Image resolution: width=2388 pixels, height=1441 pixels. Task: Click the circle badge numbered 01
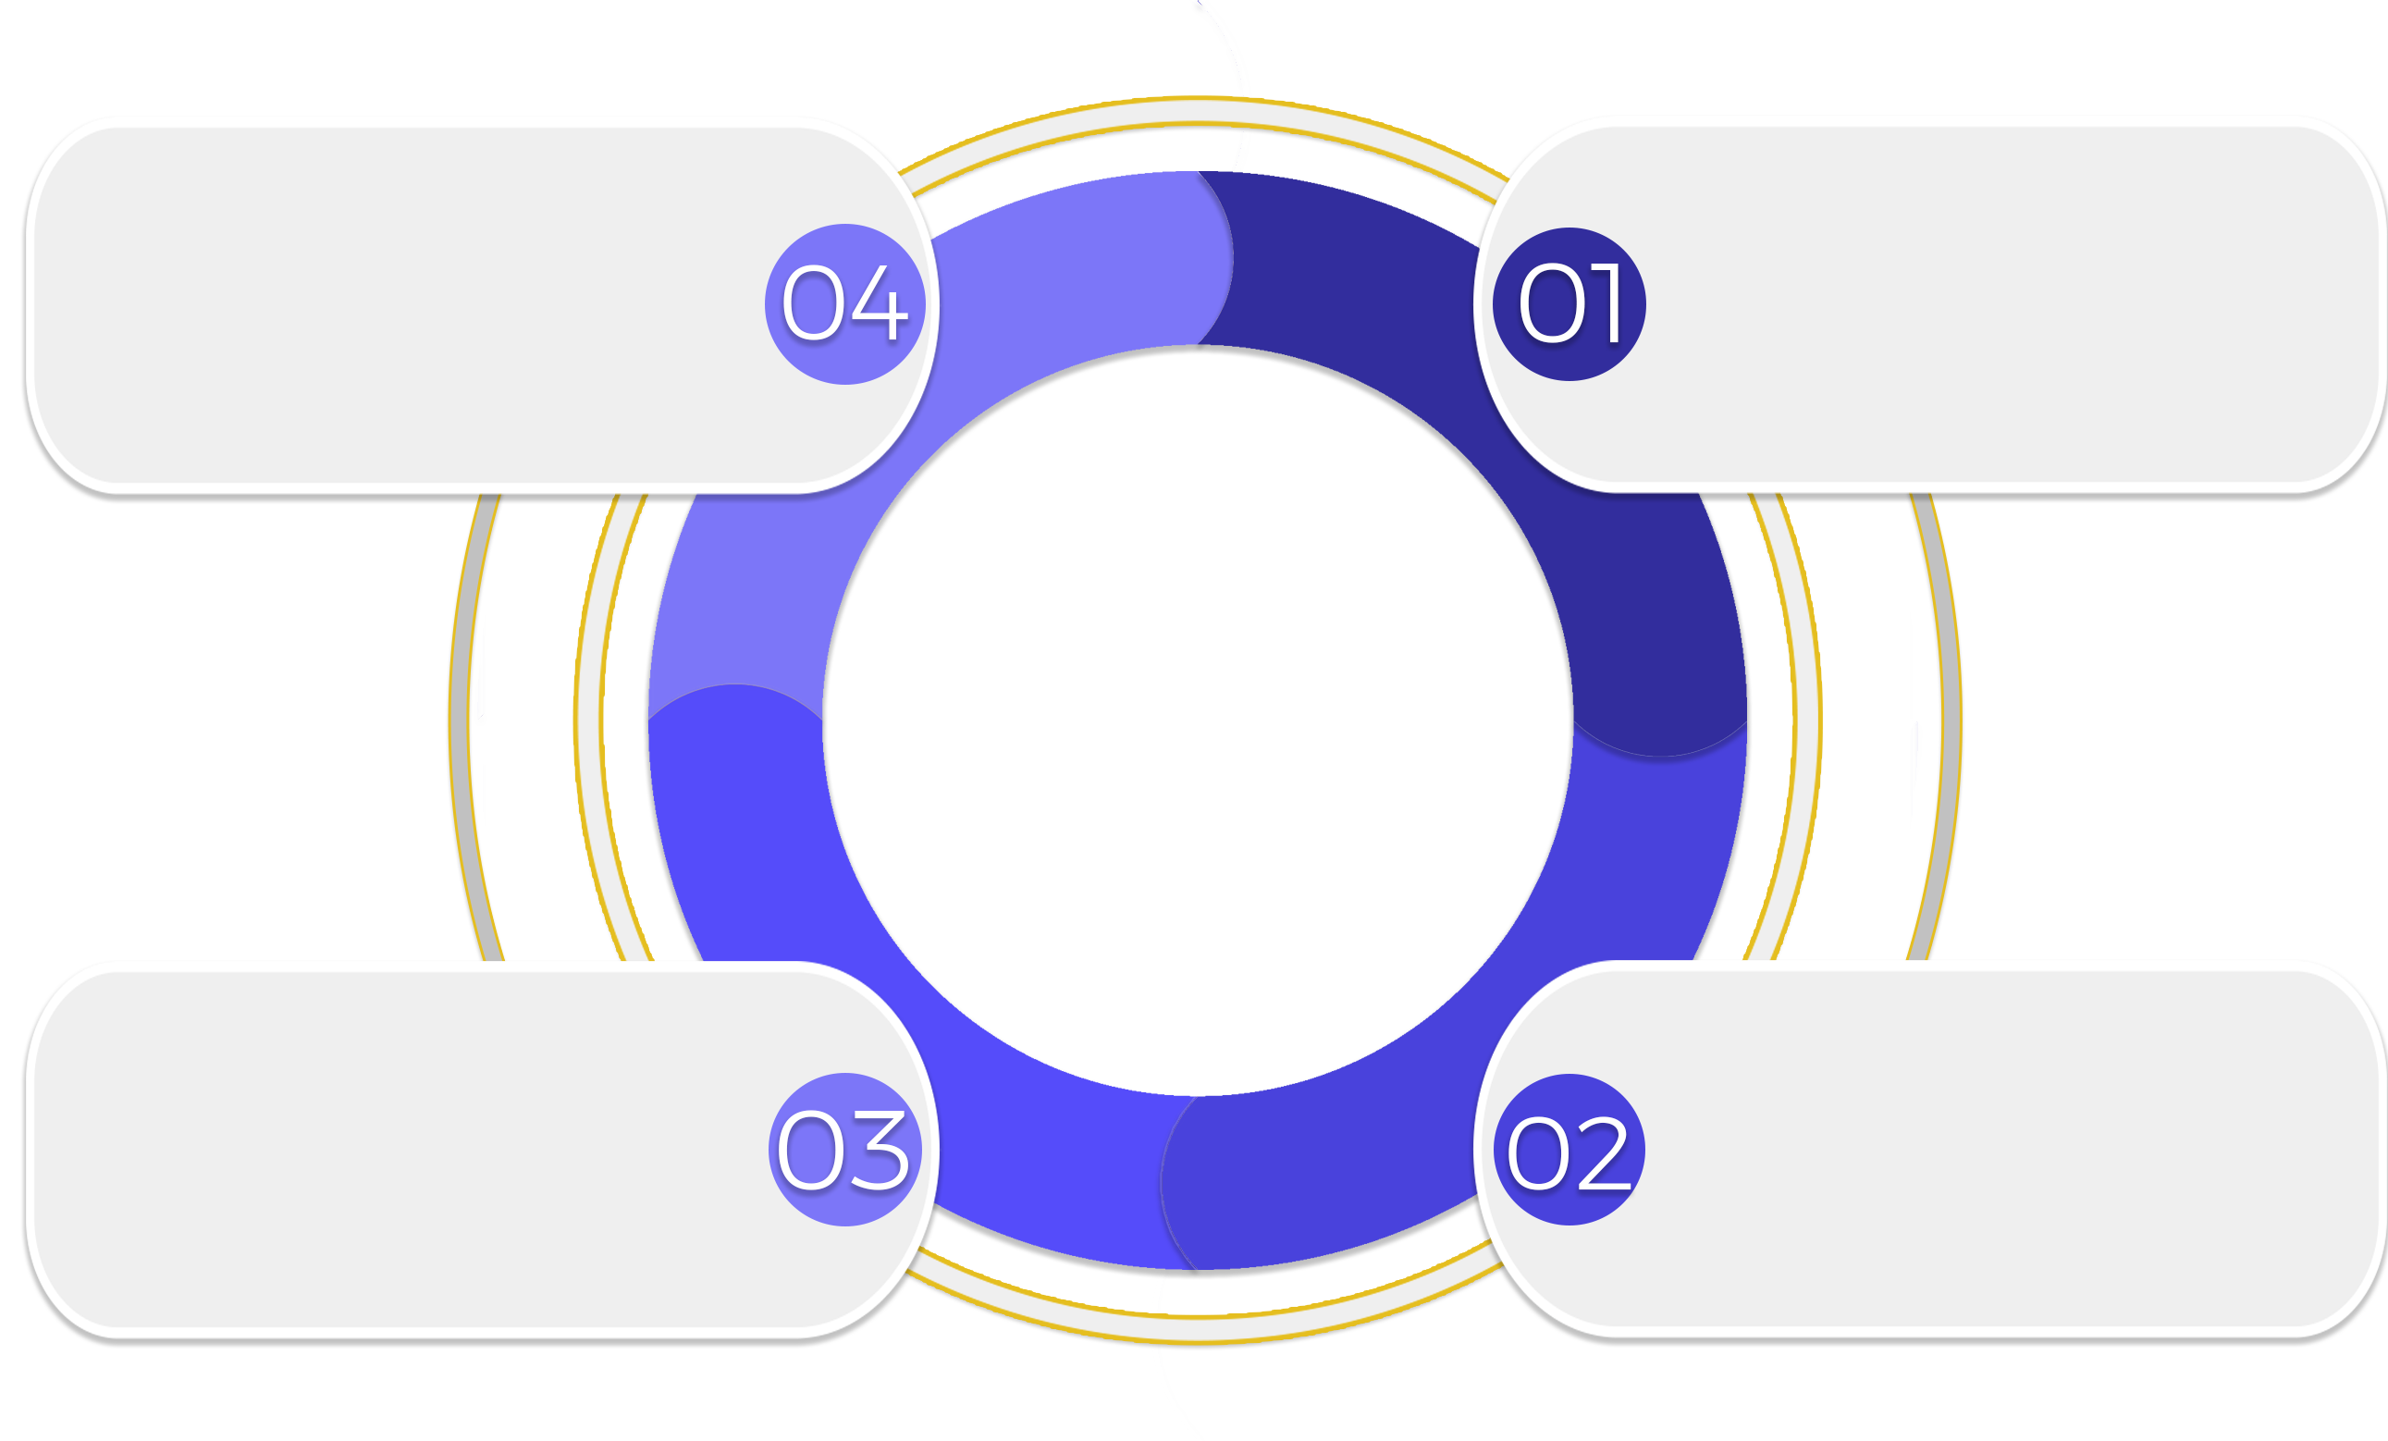1569,304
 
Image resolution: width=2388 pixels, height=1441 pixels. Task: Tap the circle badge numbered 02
1569,1151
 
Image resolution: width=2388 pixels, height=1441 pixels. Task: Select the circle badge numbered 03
844,1151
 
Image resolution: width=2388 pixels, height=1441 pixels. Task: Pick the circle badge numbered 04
844,304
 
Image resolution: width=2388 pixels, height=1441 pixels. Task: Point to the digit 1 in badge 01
1605,303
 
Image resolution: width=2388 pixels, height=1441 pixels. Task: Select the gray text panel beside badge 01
1987,304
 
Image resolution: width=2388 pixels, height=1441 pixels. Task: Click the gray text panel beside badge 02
1987,1151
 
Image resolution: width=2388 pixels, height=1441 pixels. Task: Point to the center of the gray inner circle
1197,722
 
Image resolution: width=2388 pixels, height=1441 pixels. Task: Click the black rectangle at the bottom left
708,1396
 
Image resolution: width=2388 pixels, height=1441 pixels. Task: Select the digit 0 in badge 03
809,1151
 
